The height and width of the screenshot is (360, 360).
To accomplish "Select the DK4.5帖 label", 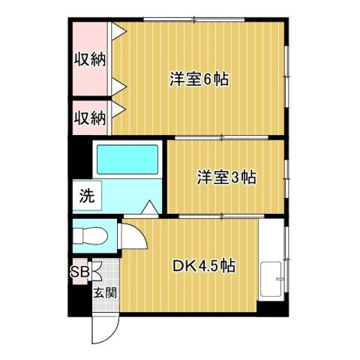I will (x=205, y=265).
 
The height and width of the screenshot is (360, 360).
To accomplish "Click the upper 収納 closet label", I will (x=90, y=60).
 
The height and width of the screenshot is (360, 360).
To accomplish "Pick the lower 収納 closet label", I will (x=90, y=118).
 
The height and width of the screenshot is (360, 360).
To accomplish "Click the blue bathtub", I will (x=127, y=160).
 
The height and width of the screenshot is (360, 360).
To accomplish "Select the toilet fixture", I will (x=91, y=235).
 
